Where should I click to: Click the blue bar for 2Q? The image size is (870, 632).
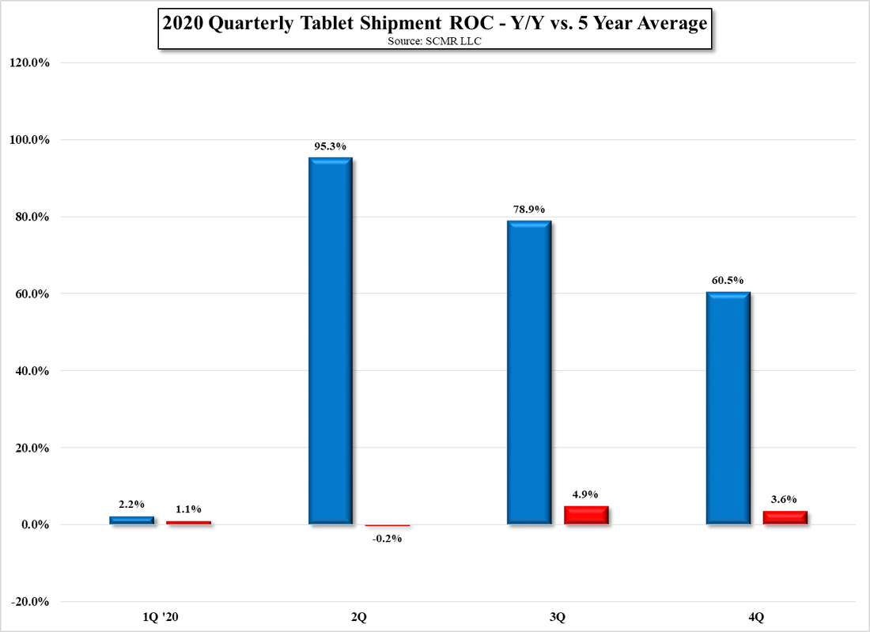click(330, 340)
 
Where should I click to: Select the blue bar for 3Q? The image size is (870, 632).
click(529, 372)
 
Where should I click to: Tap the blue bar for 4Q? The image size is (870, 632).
click(728, 407)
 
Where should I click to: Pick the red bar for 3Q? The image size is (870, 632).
click(585, 515)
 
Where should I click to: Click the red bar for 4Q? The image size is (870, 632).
click(785, 517)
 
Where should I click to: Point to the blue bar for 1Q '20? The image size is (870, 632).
click(131, 520)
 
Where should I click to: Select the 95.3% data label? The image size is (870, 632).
click(330, 146)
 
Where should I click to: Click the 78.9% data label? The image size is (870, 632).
click(529, 210)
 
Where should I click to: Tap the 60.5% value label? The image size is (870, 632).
click(728, 280)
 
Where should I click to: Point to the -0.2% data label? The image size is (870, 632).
click(387, 539)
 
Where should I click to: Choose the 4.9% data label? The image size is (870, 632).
click(585, 495)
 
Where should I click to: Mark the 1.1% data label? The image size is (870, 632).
click(188, 509)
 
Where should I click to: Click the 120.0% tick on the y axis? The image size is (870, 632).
click(31, 62)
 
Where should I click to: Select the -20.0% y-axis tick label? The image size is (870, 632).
click(31, 602)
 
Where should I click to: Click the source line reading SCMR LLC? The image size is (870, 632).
click(436, 41)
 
